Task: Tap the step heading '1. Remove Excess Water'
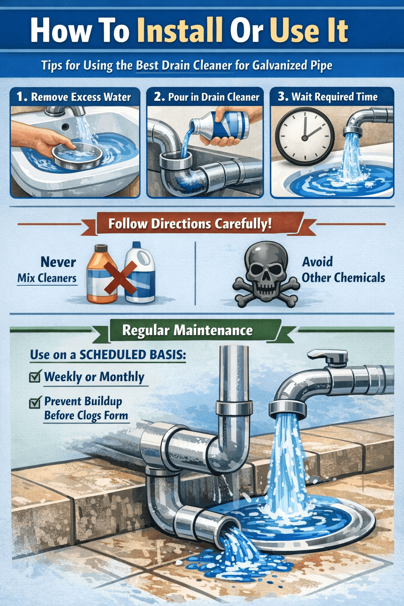(x=74, y=97)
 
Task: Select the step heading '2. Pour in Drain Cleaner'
(x=206, y=97)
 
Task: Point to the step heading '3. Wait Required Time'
(x=327, y=97)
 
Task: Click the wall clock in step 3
(x=305, y=137)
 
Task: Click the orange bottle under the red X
(x=101, y=276)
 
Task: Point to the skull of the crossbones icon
(x=265, y=264)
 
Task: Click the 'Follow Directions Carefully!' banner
(x=190, y=224)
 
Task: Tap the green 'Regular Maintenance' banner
(x=187, y=330)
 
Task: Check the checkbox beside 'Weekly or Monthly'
(x=35, y=377)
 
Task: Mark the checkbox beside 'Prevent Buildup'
(x=35, y=402)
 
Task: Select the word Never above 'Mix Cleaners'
(x=58, y=262)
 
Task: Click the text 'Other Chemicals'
(x=343, y=278)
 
